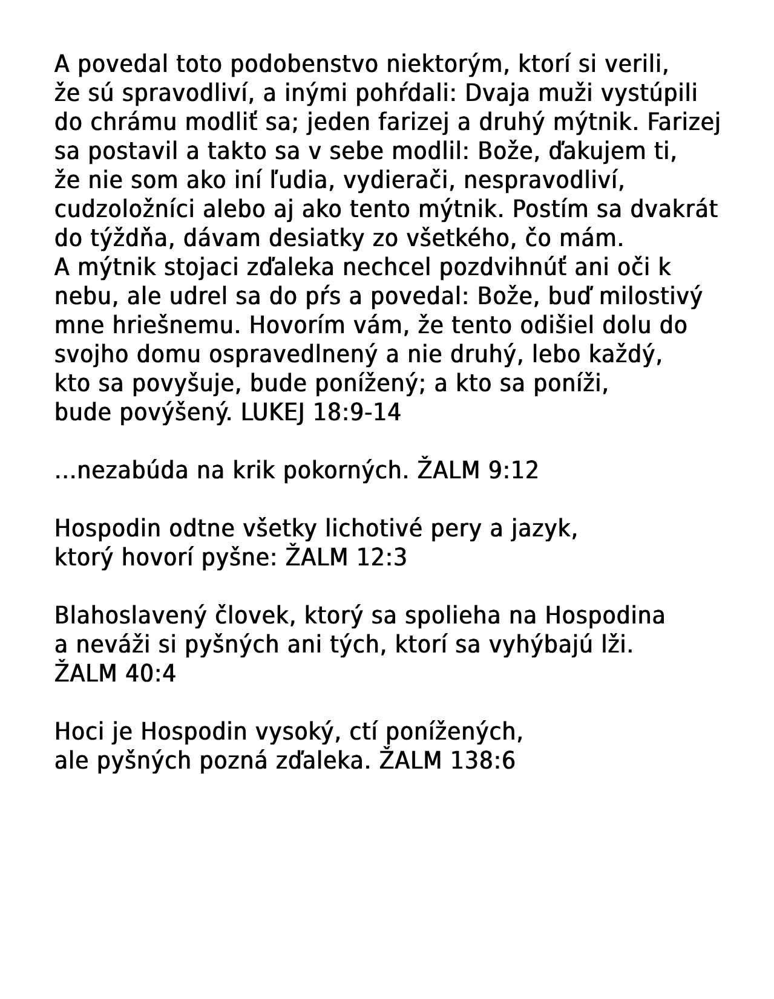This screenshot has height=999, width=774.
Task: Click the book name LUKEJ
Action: (x=273, y=412)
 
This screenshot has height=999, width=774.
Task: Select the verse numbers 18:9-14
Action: (x=357, y=412)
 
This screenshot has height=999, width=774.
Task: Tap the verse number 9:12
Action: (x=513, y=470)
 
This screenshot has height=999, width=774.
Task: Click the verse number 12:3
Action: (x=382, y=558)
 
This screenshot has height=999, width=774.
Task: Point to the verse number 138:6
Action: (x=483, y=761)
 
